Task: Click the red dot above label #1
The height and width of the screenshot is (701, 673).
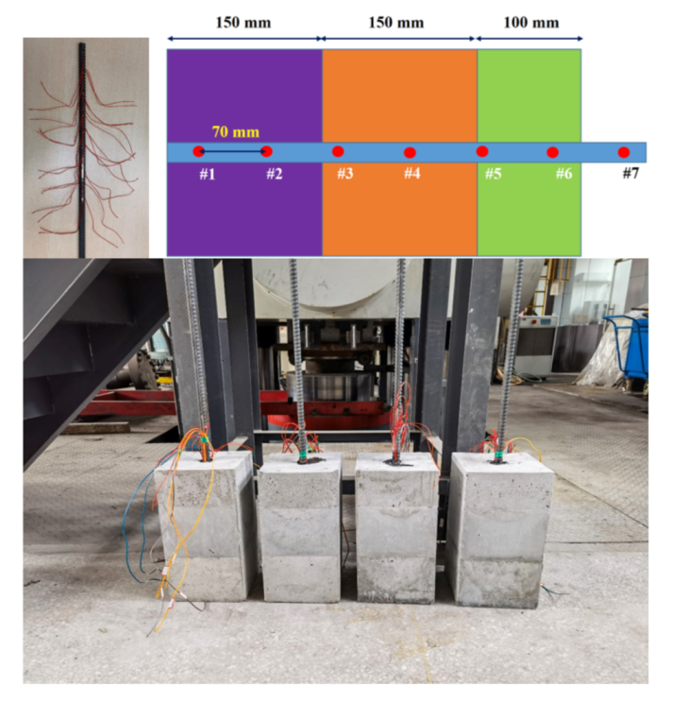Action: pyautogui.click(x=198, y=151)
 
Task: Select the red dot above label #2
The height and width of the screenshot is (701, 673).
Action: pyautogui.click(x=266, y=151)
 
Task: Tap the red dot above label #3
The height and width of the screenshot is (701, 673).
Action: pyautogui.click(x=338, y=151)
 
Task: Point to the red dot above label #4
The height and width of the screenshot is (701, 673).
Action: pyautogui.click(x=410, y=152)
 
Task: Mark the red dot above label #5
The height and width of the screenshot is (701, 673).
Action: pyautogui.click(x=482, y=151)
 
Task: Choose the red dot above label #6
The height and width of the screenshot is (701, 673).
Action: pyautogui.click(x=553, y=152)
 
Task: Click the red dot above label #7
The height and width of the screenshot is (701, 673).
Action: pyautogui.click(x=623, y=151)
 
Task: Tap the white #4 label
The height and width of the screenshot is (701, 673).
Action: pyautogui.click(x=412, y=174)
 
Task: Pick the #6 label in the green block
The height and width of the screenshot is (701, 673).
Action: pyautogui.click(x=564, y=174)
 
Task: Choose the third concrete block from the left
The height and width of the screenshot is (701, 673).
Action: pyautogui.click(x=397, y=529)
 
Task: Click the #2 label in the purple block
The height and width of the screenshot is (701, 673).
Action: pyautogui.click(x=274, y=174)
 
